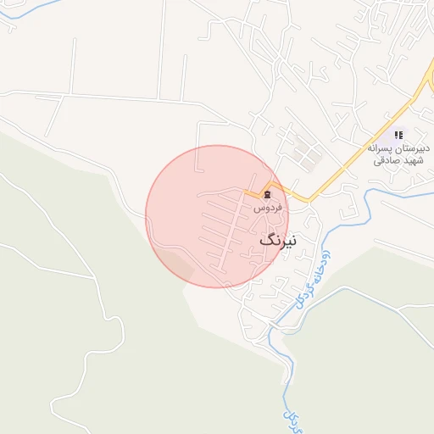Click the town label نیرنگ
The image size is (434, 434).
coord(279,241)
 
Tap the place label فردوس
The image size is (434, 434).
coord(268,208)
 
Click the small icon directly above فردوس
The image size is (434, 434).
coord(268,195)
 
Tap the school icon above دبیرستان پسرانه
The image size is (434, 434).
coord(398,134)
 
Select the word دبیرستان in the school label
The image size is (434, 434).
coord(413,147)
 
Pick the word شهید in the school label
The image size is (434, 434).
coord(413,161)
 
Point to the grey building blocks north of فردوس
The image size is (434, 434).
coord(305,153)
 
